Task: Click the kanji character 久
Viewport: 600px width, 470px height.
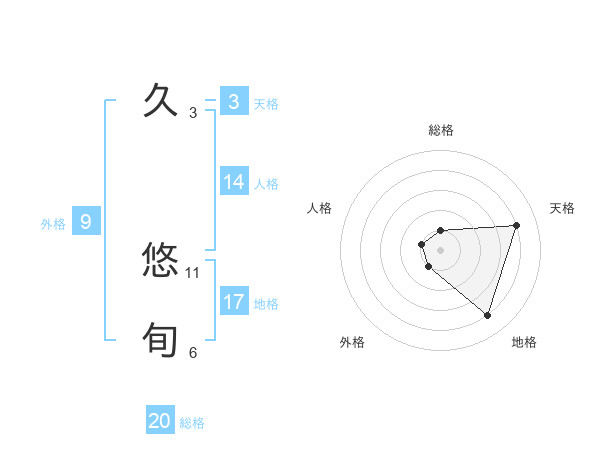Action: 161,101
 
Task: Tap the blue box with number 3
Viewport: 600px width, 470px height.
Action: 233,102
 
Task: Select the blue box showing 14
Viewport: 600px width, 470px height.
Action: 234,182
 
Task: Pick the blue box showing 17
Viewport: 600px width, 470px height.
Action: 234,301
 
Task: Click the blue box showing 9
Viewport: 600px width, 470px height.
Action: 86,222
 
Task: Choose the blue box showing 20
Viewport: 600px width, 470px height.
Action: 160,421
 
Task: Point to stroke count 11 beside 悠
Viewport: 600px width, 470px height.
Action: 193,272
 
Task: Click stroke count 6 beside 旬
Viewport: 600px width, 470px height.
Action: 193,352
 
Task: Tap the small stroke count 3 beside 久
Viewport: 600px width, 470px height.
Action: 193,113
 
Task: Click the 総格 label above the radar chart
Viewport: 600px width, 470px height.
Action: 441,130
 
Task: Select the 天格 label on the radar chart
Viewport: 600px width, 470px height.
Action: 562,208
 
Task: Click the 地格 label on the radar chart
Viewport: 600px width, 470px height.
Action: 524,342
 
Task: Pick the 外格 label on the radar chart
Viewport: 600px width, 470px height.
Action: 352,342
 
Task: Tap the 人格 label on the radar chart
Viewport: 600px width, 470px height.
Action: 320,208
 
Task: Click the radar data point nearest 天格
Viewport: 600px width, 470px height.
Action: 516,225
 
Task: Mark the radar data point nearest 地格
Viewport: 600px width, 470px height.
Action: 488,316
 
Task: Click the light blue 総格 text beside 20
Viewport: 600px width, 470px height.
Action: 192,423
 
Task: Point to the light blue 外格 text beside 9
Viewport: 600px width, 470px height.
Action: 53,224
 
